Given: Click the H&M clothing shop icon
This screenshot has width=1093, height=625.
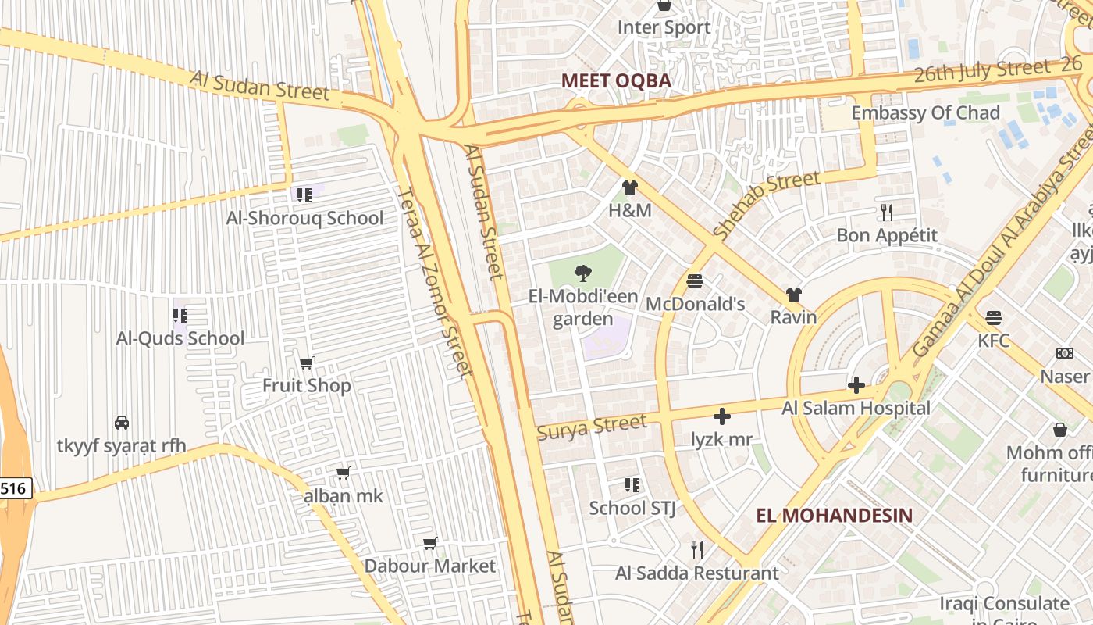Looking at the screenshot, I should [630, 187].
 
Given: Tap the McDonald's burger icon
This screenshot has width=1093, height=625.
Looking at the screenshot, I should [695, 280].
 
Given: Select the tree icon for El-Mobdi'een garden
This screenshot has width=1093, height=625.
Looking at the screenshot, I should [582, 273].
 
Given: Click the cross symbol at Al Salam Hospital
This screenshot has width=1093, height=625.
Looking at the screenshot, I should [856, 384].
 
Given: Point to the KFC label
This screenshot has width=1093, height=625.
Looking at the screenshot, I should [993, 341].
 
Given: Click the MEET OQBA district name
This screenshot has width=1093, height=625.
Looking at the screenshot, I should [616, 80].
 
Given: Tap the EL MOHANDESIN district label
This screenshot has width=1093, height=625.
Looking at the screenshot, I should [834, 515].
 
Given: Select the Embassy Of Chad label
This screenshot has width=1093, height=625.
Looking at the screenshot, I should [925, 112].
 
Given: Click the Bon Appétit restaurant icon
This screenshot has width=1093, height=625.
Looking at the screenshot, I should [886, 212].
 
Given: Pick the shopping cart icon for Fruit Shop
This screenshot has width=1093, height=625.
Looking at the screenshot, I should [307, 362].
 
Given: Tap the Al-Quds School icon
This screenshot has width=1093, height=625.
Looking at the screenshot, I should [180, 316].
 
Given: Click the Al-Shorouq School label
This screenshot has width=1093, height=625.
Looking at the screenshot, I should [304, 218].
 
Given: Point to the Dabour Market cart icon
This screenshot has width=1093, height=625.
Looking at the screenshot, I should [429, 543].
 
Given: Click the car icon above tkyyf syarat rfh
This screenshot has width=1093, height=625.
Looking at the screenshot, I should [122, 422].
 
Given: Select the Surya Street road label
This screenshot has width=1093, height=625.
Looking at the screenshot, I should [592, 427].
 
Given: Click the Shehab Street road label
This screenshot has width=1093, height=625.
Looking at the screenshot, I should [767, 205].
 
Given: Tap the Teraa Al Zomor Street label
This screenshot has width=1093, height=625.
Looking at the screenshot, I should [434, 281].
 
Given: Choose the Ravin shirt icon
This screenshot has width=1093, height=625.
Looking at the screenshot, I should [793, 295].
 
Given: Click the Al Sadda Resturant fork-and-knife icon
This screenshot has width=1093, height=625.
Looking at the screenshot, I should [697, 549].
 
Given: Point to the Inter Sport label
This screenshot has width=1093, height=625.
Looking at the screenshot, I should [664, 27].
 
